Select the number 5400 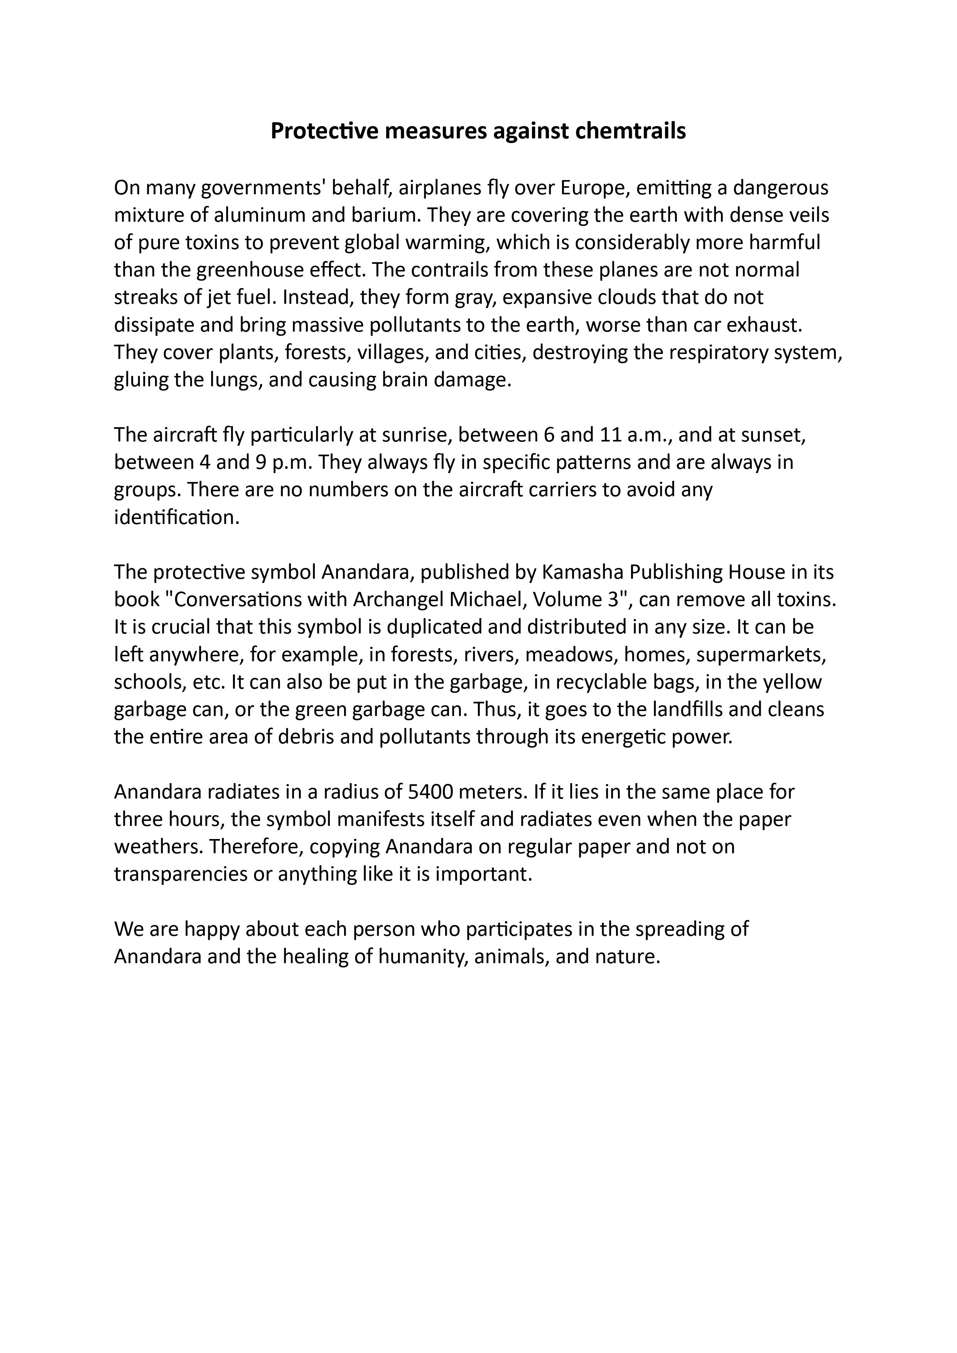tap(430, 792)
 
